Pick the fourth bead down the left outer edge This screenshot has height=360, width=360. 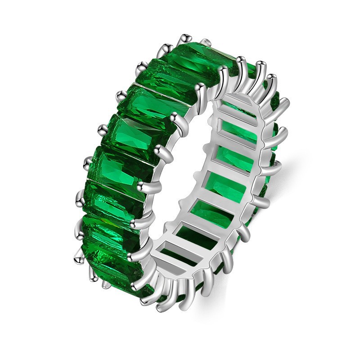click(x=121, y=95)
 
